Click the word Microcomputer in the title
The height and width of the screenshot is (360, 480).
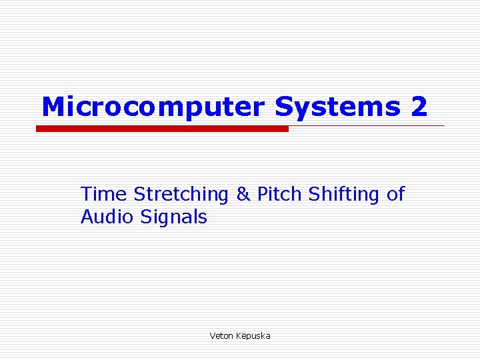click(153, 107)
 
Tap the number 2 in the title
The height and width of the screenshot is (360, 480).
click(419, 107)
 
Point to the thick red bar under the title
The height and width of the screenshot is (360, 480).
click(162, 129)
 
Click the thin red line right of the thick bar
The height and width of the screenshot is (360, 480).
click(367, 125)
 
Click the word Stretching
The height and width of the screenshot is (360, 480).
click(181, 195)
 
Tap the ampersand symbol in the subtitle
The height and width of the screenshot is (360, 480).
click(242, 194)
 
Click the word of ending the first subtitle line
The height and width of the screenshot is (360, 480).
click(395, 194)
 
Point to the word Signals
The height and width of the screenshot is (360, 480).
click(175, 217)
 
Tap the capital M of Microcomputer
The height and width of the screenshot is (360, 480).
click(53, 107)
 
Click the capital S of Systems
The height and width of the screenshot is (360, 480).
click(283, 107)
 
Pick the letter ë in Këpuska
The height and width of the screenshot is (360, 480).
click(243, 336)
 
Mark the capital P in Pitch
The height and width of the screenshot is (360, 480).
click(262, 194)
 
